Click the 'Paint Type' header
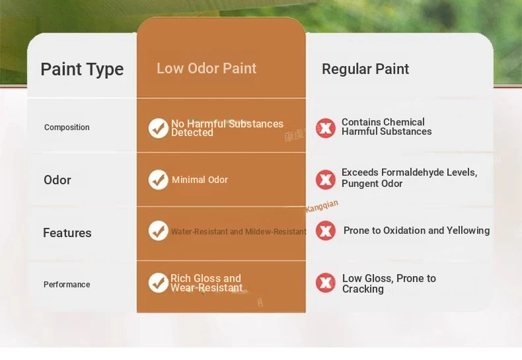point(82,69)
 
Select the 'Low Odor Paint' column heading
point(206,68)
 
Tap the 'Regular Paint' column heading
point(365,69)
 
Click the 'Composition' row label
point(67,127)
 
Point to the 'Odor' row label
point(57,180)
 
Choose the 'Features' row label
point(67,233)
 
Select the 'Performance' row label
point(67,285)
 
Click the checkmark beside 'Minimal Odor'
point(158,180)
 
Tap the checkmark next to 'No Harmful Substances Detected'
point(158,128)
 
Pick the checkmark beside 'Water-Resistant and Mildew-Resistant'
point(158,231)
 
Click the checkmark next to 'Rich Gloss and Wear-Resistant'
point(158,283)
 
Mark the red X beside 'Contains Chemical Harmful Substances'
point(326,128)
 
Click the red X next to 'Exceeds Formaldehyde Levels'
point(326,180)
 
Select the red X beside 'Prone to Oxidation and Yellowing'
point(326,231)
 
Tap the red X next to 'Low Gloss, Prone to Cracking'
point(326,283)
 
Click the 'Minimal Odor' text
point(200,180)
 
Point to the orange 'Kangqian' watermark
point(322,206)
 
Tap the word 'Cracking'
point(363,289)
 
